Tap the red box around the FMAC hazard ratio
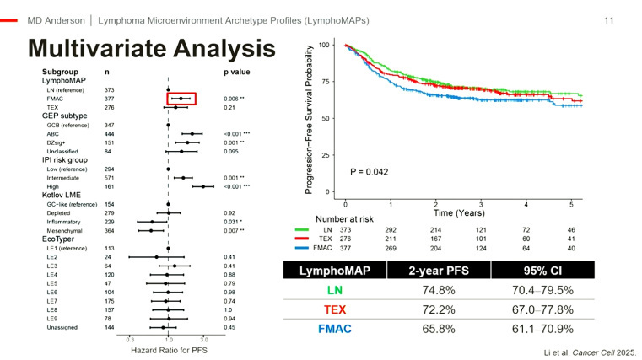click(x=181, y=99)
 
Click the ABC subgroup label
click(x=52, y=134)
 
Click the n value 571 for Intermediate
click(x=108, y=178)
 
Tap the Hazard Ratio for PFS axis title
click(x=169, y=349)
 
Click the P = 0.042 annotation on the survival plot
click(x=370, y=172)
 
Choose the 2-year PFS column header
click(x=452, y=273)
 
